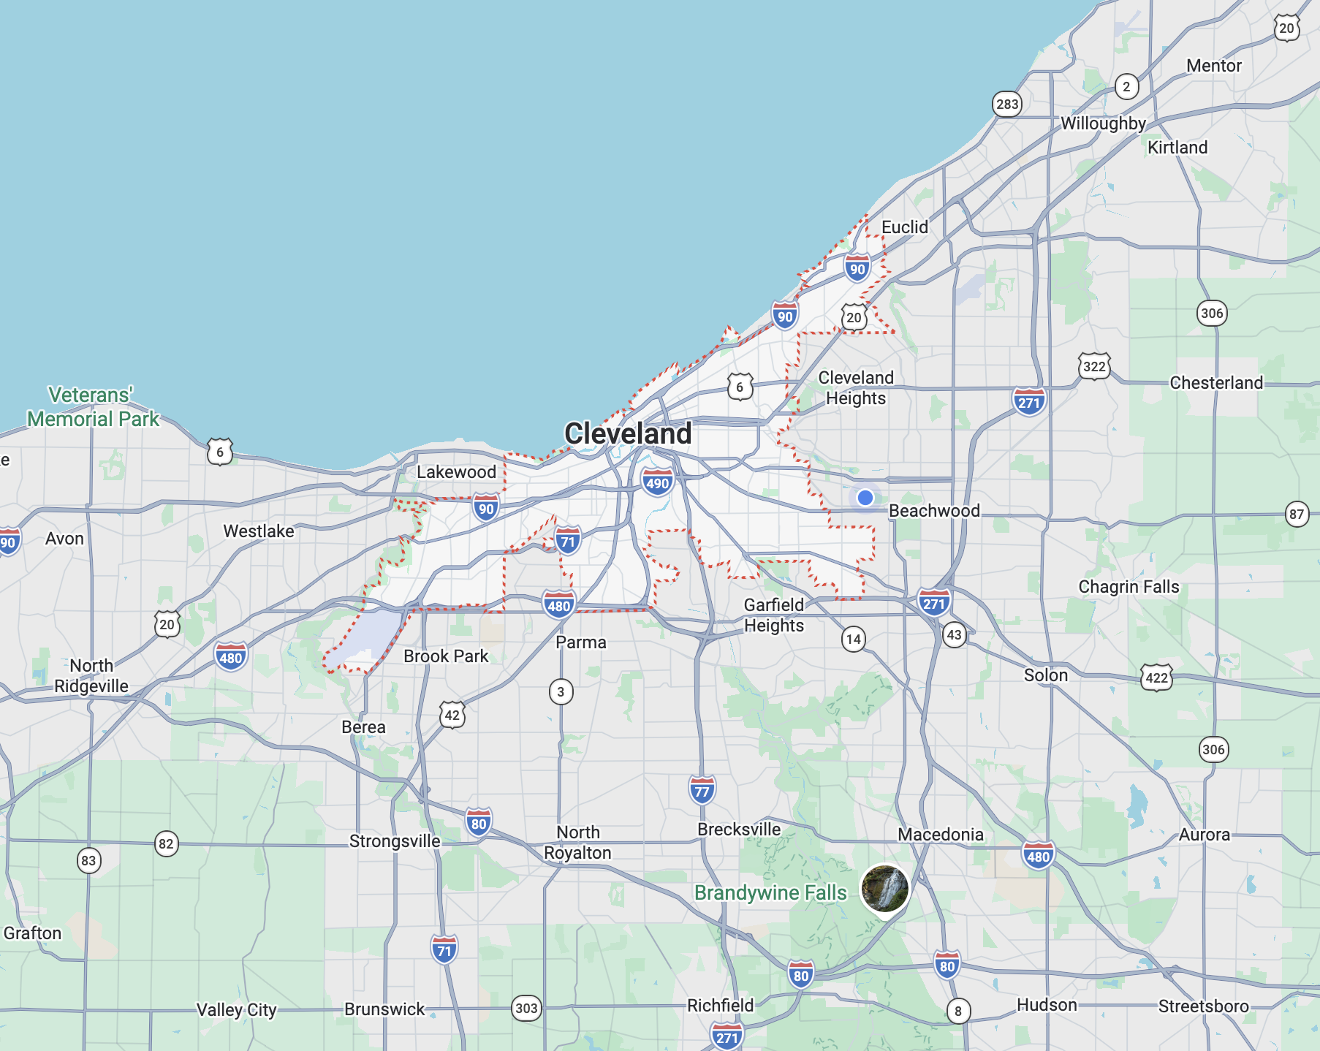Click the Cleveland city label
[x=628, y=433]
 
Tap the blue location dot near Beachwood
[x=865, y=498]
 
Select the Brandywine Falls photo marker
[x=885, y=888]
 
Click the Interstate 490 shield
[x=657, y=483]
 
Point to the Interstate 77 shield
[x=702, y=791]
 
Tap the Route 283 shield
[x=1007, y=104]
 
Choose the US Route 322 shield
[x=1094, y=366]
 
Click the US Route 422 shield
[x=1156, y=678]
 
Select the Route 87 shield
[x=1297, y=514]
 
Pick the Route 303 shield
[x=526, y=1009]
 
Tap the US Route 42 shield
[x=452, y=715]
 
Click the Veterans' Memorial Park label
[x=93, y=407]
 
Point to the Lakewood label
[x=456, y=472]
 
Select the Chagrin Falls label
[x=1129, y=587]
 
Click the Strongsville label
[x=395, y=841]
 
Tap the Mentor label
[x=1214, y=66]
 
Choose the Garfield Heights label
[x=774, y=615]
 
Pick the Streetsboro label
[x=1203, y=1006]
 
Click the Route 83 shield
[x=88, y=860]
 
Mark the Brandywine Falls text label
[x=770, y=893]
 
